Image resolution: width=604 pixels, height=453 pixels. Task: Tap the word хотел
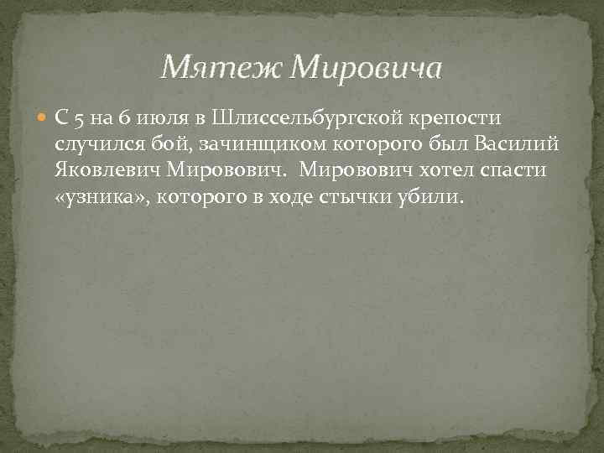428,171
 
